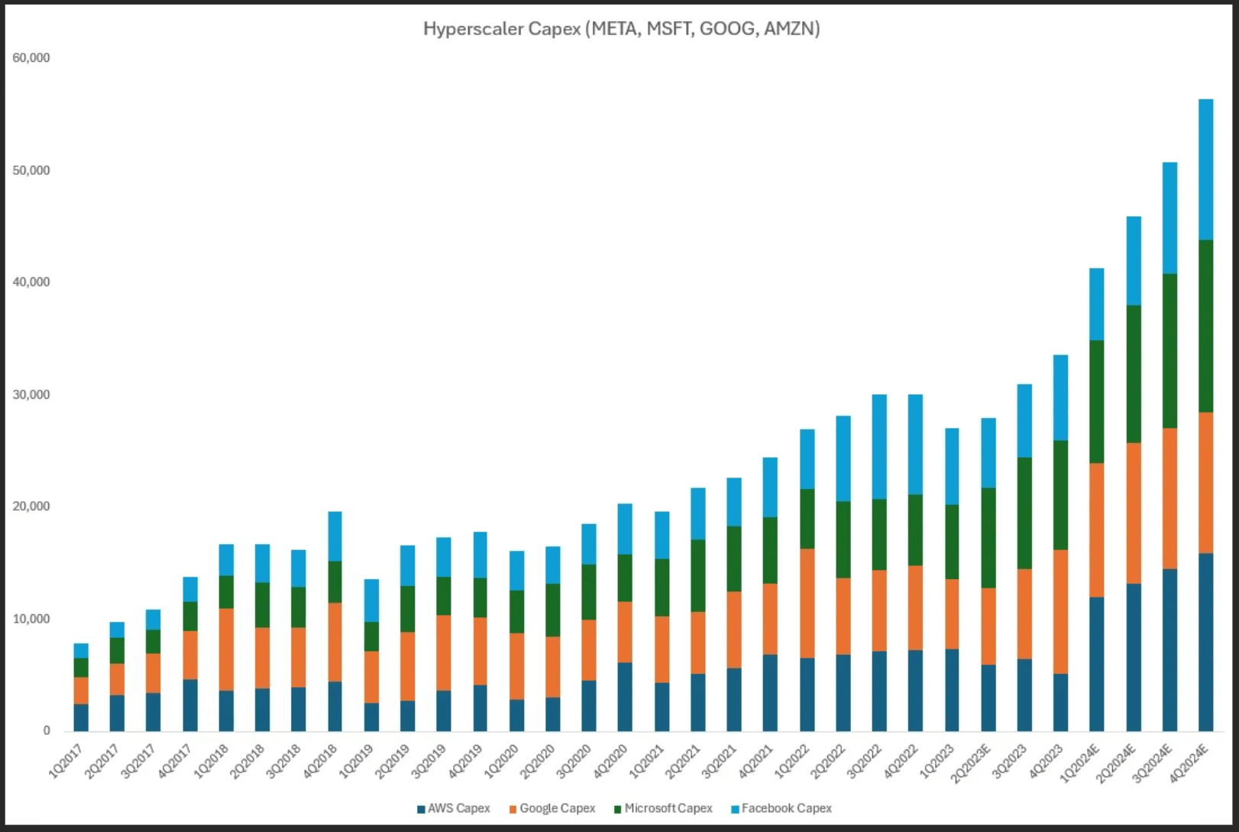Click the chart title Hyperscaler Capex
pos(621,29)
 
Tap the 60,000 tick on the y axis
pos(31,58)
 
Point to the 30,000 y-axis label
pos(31,394)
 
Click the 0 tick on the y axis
pos(47,730)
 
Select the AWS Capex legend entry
pos(454,808)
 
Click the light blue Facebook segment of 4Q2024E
pos(1205,170)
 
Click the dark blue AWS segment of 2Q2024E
pos(1134,657)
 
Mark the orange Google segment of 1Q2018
pos(226,649)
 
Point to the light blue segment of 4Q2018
pos(335,536)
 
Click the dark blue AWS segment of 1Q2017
pos(81,717)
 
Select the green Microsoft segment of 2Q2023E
pos(988,538)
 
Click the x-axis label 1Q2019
pos(358,760)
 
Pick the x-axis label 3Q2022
pos(865,760)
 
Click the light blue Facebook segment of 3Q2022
pos(879,447)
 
